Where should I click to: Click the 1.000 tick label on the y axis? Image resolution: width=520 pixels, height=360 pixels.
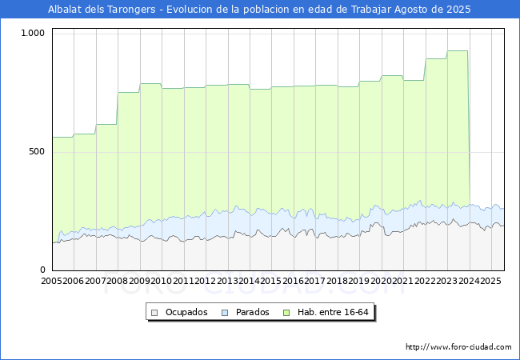pos(34,34)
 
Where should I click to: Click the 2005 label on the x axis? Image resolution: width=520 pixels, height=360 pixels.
pos(52,281)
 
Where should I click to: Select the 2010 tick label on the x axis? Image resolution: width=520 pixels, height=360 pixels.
pos(162,281)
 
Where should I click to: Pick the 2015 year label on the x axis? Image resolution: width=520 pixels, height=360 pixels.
pos(271,281)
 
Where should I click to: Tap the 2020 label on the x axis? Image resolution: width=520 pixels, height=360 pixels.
pos(381,281)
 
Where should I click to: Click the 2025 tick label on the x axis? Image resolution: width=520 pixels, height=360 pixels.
pos(490,281)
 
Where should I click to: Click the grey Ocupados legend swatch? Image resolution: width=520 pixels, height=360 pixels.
pos(155,312)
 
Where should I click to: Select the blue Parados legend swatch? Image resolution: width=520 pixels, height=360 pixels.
pos(226,312)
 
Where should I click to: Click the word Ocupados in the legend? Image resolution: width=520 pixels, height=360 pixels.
pos(186,312)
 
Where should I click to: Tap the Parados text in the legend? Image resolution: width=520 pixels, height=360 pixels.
pos(253,312)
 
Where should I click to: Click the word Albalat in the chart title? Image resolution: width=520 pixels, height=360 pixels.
pos(68,10)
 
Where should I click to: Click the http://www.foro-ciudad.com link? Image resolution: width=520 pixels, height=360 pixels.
pos(458,347)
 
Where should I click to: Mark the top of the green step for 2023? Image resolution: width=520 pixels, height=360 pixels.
pos(458,51)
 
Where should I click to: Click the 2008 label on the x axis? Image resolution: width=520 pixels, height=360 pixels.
pos(118,281)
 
